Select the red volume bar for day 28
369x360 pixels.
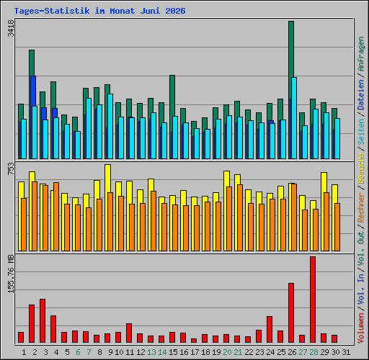[x=313, y=300]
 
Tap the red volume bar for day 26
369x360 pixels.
[x=291, y=312]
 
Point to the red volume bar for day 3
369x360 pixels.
[x=43, y=320]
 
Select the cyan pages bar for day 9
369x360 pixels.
[x=110, y=126]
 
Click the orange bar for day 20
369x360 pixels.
[x=229, y=219]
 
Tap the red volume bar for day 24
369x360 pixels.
[x=270, y=329]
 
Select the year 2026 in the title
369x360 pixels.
[x=175, y=11]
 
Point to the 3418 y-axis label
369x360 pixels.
[x=11, y=28]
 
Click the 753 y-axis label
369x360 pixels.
[x=11, y=168]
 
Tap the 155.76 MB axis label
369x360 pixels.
[x=11, y=274]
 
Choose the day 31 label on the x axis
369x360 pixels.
[x=346, y=352]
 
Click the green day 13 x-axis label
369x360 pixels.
[x=151, y=352]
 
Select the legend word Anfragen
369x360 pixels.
[x=361, y=54]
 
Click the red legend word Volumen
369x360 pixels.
[x=361, y=328]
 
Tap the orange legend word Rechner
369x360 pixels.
[x=361, y=207]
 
